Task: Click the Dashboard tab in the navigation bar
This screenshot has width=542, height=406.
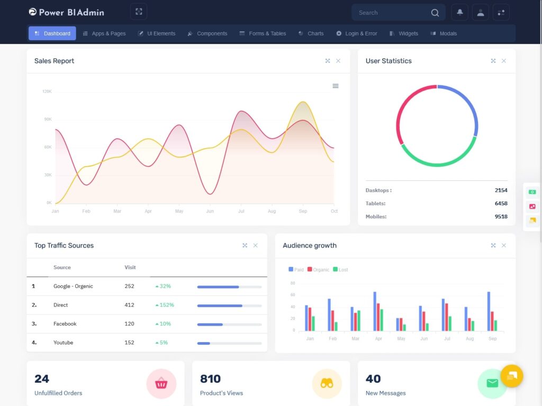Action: pos(52,33)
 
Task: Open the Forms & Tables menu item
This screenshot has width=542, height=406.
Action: pos(263,33)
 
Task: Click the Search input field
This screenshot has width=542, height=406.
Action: pos(392,13)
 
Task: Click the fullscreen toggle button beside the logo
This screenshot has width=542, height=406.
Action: pos(139,12)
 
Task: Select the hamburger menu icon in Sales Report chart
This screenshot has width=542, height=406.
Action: pos(336,86)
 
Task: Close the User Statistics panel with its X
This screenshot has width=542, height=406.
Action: pos(503,61)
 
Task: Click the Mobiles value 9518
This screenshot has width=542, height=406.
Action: pos(501,217)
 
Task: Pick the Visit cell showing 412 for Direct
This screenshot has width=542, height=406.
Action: pos(129,305)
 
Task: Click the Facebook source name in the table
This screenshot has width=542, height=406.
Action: pos(65,324)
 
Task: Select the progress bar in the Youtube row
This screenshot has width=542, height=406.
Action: pos(229,343)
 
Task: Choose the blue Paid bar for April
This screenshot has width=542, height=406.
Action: pos(375,311)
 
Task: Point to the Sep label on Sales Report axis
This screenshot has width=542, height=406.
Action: pos(303,211)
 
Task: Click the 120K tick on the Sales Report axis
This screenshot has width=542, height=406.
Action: pos(47,91)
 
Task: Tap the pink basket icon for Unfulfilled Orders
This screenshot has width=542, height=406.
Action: pos(161,384)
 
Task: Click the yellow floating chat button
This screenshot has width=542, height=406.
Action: pos(512,376)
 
